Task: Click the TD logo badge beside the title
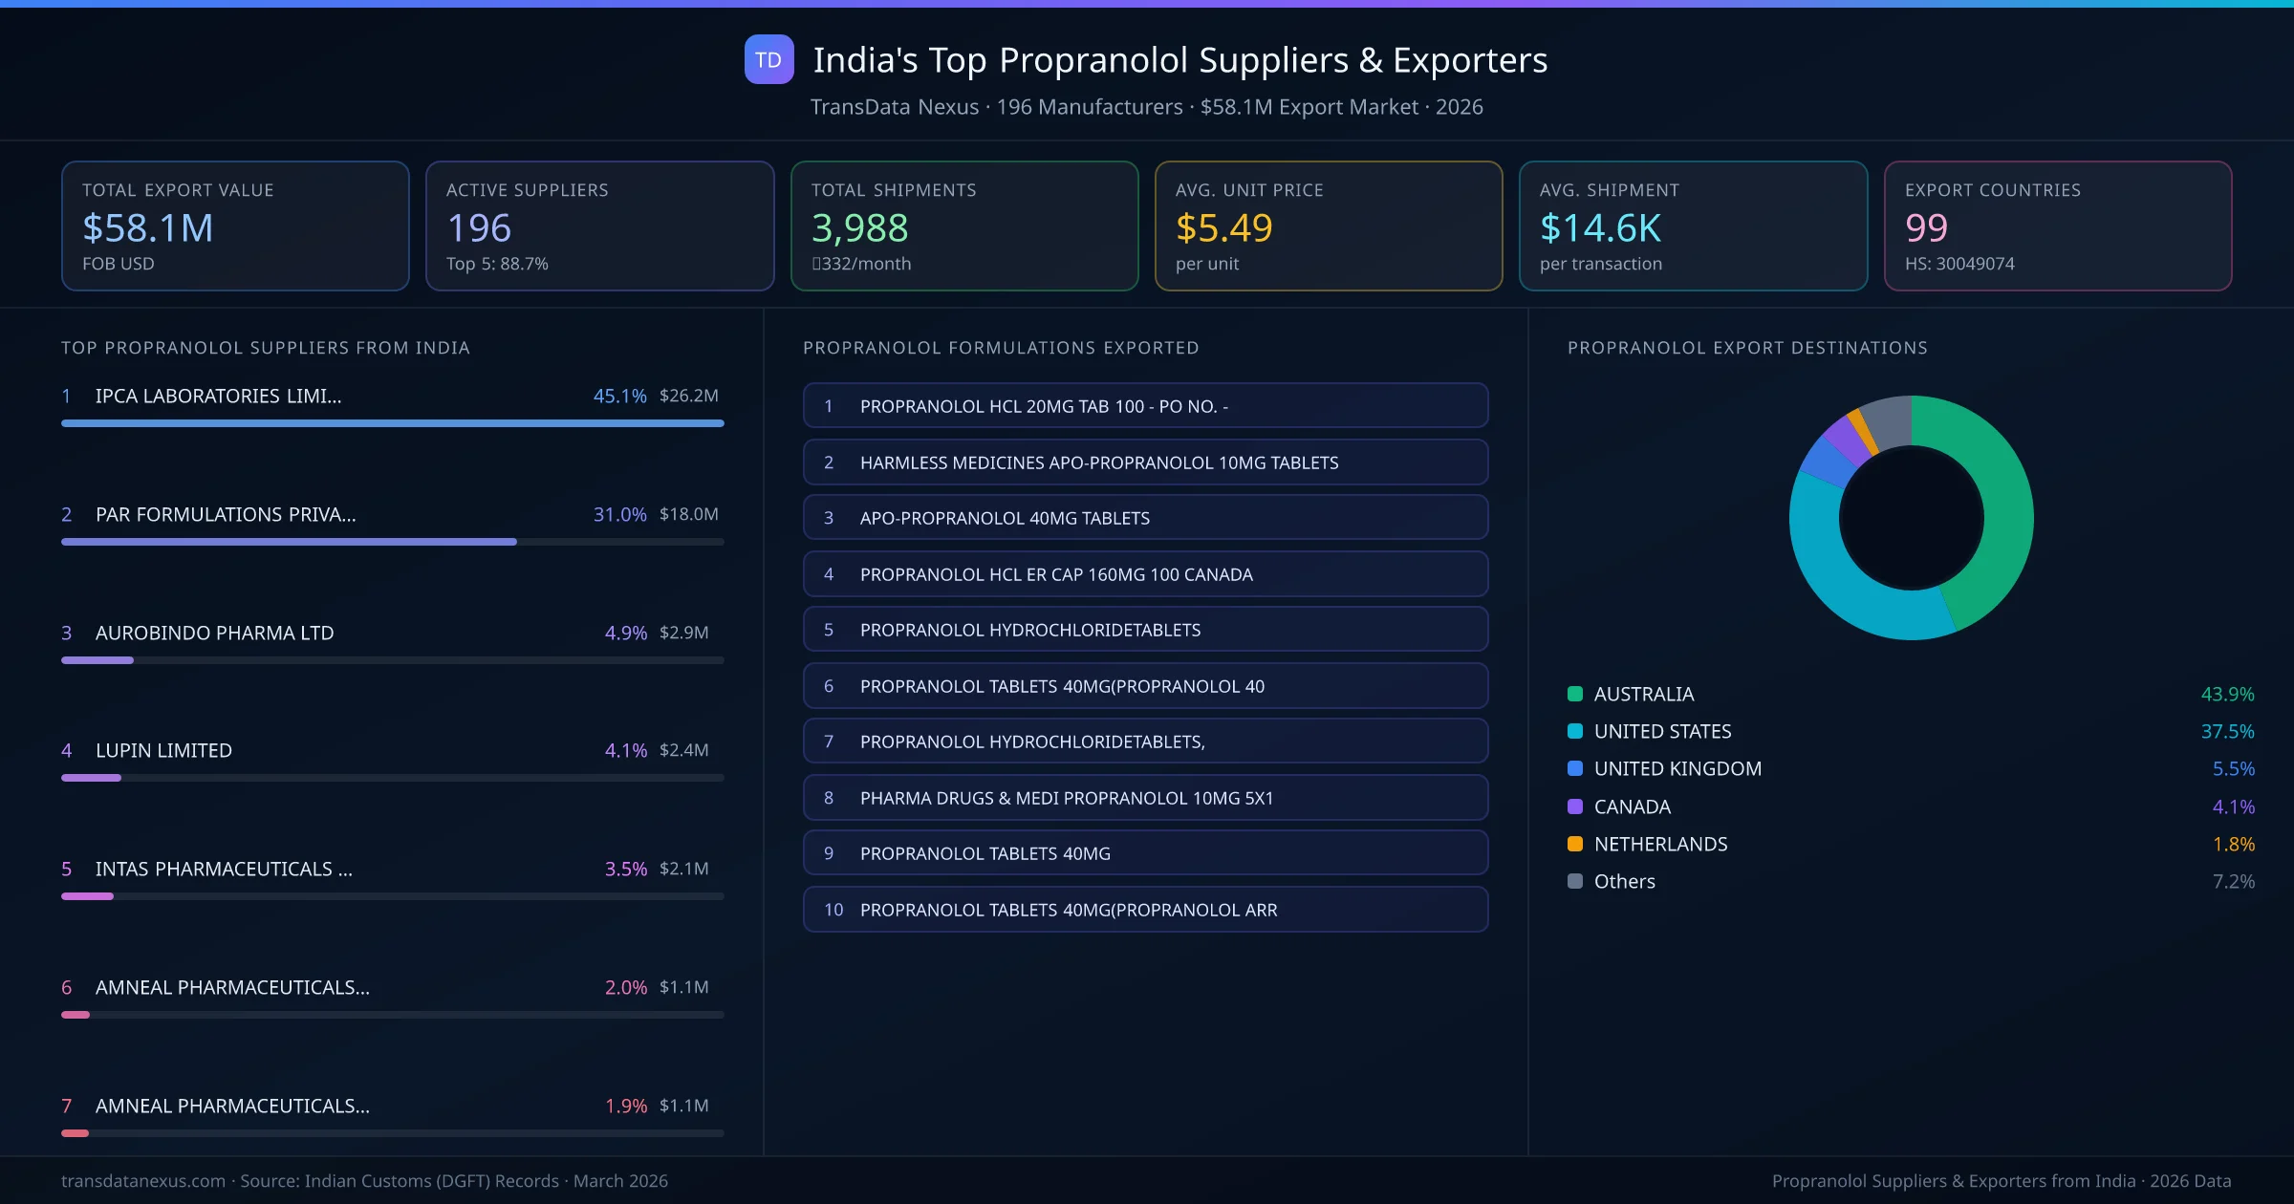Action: click(x=768, y=60)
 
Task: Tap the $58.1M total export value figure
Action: click(x=148, y=228)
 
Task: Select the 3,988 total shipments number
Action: click(x=859, y=228)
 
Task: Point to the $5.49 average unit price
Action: click(x=1223, y=228)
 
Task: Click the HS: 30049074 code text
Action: click(x=1959, y=264)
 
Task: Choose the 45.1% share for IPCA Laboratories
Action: click(x=619, y=396)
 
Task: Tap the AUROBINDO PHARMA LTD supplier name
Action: click(x=214, y=633)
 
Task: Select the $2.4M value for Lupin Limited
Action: click(x=683, y=750)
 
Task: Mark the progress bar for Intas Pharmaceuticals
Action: click(x=88, y=896)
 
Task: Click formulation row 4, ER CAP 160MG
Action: click(x=1145, y=574)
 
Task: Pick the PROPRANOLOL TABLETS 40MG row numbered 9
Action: click(x=1145, y=853)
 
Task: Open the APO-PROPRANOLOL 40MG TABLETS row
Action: click(x=1145, y=518)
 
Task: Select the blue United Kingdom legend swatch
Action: click(x=1575, y=768)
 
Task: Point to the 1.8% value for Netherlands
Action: click(x=2233, y=844)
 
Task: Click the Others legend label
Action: click(x=1624, y=881)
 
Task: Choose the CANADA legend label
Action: click(x=1632, y=806)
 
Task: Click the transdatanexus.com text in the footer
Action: click(x=143, y=1181)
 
